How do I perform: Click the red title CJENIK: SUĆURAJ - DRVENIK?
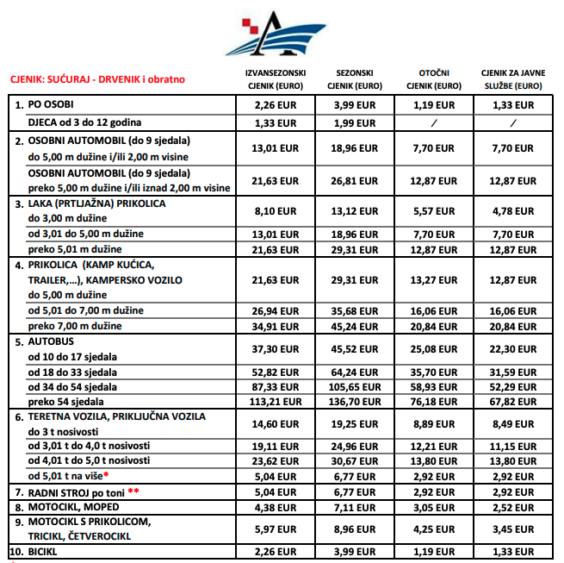[97, 79]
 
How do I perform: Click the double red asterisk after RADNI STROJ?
[133, 491]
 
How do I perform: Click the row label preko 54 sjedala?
[67, 402]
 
